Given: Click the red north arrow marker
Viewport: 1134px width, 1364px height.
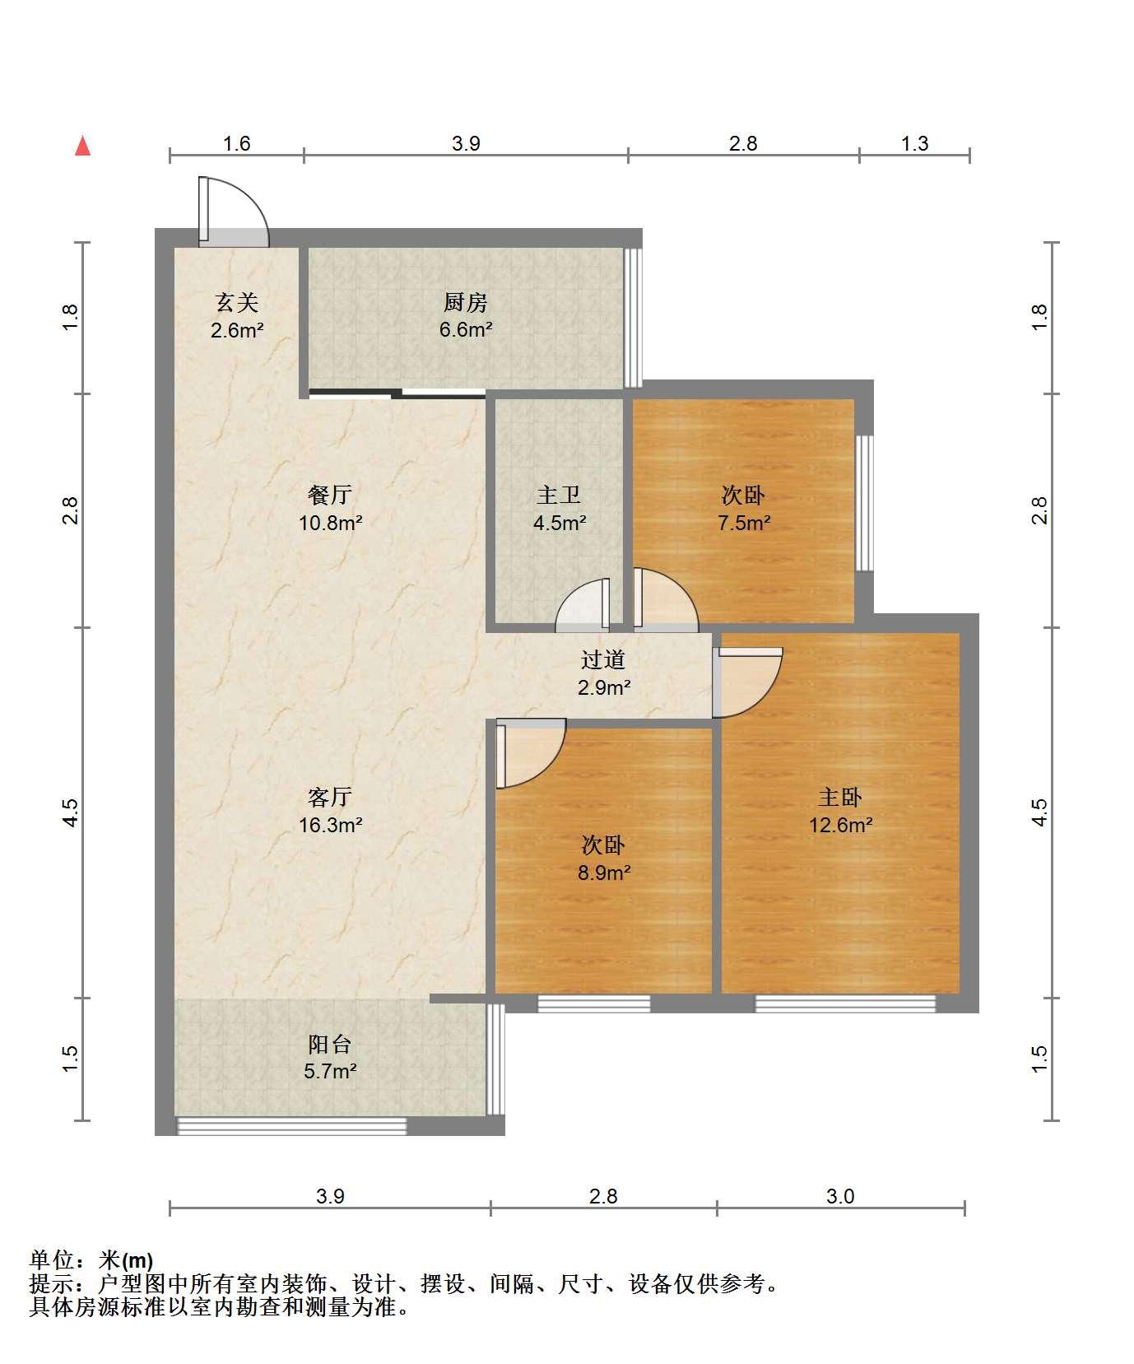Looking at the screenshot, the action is [82, 146].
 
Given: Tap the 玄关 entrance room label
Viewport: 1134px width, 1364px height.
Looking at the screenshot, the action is [237, 303].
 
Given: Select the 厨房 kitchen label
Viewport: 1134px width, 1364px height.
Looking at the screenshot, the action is [466, 303].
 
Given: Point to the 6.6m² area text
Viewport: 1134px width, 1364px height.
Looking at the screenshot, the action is [466, 330].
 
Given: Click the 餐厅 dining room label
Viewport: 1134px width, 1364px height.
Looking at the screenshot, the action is [330, 495].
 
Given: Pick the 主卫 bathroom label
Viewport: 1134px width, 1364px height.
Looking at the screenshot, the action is [559, 495].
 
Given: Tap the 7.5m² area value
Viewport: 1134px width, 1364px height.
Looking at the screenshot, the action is [744, 523].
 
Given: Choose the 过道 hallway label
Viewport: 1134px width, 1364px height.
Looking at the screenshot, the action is [603, 659].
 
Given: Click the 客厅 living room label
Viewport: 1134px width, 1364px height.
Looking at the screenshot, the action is [330, 797].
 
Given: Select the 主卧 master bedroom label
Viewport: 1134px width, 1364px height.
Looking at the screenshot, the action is [840, 797].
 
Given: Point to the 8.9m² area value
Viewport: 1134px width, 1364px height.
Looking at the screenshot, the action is [604, 873].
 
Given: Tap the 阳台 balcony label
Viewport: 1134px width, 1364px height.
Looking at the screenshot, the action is [330, 1044].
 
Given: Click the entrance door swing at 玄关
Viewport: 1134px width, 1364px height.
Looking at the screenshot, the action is [233, 212].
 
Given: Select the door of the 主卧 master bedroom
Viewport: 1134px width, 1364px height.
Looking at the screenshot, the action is [747, 682].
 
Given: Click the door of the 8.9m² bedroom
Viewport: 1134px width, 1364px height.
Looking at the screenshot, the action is [531, 753].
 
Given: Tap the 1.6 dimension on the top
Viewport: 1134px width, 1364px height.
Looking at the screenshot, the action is [237, 143].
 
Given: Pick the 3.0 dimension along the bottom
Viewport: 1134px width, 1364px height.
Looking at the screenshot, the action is [840, 1196].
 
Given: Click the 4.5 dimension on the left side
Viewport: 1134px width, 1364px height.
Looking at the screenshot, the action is [71, 812].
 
